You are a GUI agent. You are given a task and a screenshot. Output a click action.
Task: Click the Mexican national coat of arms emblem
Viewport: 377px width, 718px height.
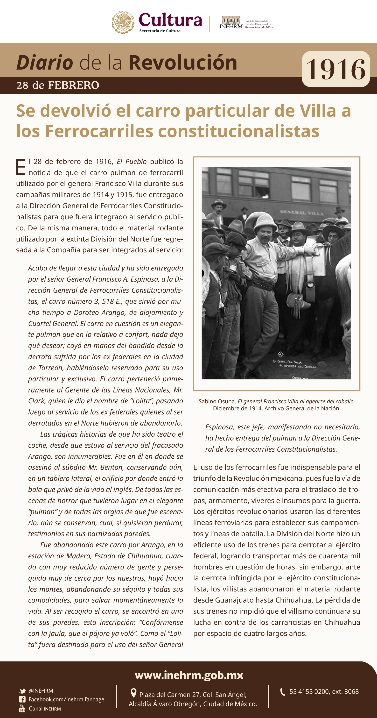(123, 22)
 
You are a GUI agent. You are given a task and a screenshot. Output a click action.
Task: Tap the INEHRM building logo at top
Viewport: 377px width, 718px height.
(231, 22)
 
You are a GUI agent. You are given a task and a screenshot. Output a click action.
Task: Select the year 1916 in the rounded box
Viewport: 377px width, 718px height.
(335, 69)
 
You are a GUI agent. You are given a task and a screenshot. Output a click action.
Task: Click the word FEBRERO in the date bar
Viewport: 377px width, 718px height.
(74, 85)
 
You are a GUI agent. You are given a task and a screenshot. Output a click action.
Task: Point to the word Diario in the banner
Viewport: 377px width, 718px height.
(45, 63)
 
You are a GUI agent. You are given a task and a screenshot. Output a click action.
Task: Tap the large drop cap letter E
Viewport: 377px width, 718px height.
(21, 167)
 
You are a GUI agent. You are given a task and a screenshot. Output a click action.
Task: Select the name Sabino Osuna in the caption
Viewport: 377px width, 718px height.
(217, 401)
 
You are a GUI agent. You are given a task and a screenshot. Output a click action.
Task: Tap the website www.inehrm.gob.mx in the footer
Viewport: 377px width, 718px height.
(189, 675)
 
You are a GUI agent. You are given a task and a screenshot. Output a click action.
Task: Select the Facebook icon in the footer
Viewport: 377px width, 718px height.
(22, 699)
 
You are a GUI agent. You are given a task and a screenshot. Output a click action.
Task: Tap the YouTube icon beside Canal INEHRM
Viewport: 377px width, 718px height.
(22, 708)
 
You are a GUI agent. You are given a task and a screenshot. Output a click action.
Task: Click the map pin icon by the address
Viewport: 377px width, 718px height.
(134, 692)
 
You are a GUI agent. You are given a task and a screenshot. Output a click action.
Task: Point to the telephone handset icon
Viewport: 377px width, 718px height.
(283, 692)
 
